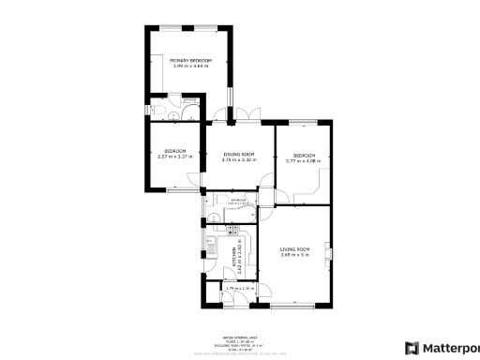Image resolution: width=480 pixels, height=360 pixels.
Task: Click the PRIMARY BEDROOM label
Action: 190,60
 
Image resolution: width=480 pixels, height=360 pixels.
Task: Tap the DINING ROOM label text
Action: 238,154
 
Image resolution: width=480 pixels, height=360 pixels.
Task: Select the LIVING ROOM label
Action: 294,248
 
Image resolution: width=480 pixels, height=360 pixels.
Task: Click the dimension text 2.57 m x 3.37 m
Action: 174,157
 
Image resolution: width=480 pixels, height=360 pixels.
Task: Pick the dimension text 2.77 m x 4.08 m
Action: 304,160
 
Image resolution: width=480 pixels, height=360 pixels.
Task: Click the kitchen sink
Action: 213,248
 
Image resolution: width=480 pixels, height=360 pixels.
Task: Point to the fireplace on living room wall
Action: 327,252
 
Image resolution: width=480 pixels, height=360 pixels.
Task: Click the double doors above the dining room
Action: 226,119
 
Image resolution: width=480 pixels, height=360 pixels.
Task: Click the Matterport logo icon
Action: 411,348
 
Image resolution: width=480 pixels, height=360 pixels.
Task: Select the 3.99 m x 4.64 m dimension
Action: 190,66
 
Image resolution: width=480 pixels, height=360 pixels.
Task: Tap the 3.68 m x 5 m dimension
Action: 294,254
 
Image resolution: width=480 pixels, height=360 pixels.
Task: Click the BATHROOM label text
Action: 238,199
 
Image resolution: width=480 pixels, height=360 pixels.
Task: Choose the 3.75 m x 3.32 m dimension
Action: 238,159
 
